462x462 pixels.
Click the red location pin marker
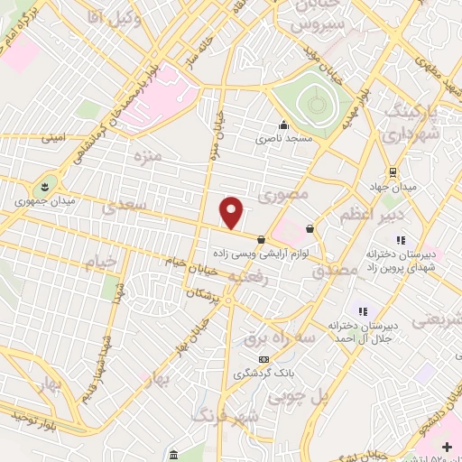tap(232, 212)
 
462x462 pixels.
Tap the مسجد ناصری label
tap(283, 139)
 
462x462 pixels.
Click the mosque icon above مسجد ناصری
tap(283, 125)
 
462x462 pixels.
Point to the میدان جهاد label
tap(393, 186)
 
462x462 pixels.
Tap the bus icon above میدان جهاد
tap(393, 171)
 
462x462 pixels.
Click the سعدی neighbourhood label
tap(123, 207)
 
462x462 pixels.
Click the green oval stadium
tap(309, 106)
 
